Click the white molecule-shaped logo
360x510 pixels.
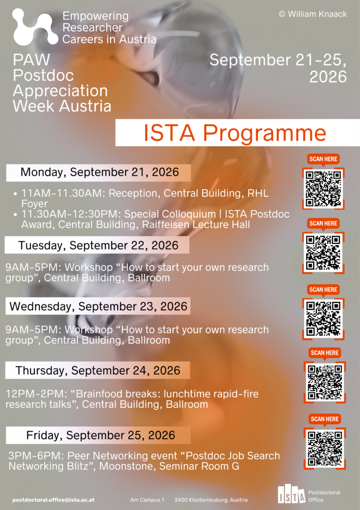pyautogui.click(x=35, y=27)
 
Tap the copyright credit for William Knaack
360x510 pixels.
pyautogui.click(x=313, y=14)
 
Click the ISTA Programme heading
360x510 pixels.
pyautogui.click(x=235, y=132)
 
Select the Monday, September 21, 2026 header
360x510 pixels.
pyautogui.click(x=100, y=172)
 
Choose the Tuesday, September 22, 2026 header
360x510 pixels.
pyautogui.click(x=98, y=245)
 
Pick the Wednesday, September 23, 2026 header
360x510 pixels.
pyautogui.click(x=98, y=306)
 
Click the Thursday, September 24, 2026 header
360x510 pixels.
pyautogui.click(x=98, y=371)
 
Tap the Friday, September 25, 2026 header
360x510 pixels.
pyautogui.click(x=101, y=435)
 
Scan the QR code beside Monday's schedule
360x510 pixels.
pyautogui.click(x=323, y=189)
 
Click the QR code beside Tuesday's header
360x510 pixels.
pyautogui.click(x=323, y=253)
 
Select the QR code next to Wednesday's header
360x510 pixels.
pyautogui.click(x=323, y=319)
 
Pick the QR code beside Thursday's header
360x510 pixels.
pyautogui.click(x=325, y=382)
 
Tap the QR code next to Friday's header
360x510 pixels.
pyautogui.click(x=325, y=449)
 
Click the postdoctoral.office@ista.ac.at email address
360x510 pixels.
pyautogui.click(x=54, y=500)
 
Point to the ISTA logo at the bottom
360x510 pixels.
pyautogui.click(x=292, y=494)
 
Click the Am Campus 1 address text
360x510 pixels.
pyautogui.click(x=147, y=500)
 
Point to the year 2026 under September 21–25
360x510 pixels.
pyautogui.click(x=328, y=77)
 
